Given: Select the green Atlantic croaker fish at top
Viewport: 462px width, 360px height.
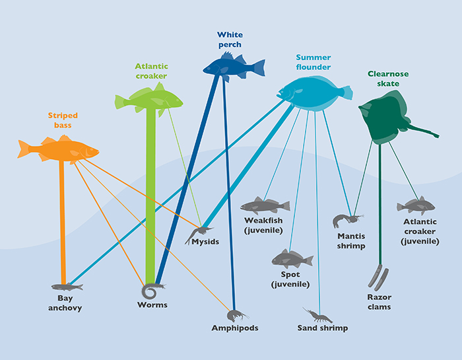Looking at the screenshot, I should pyautogui.click(x=148, y=98).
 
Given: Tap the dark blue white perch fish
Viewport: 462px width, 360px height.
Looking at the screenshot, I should pyautogui.click(x=232, y=67).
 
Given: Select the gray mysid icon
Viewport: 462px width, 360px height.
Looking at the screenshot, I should pyautogui.click(x=199, y=232).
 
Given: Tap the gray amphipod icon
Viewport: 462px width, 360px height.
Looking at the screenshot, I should pyautogui.click(x=237, y=314).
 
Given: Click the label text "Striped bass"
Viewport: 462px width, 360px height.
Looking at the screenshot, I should pyautogui.click(x=59, y=120).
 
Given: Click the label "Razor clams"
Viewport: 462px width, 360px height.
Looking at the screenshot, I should pyautogui.click(x=379, y=302).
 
